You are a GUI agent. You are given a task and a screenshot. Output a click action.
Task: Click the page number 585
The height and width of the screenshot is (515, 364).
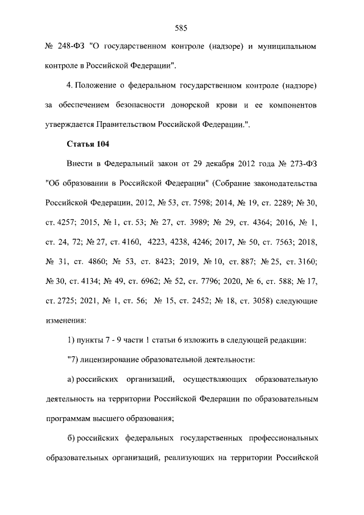(x=181, y=28)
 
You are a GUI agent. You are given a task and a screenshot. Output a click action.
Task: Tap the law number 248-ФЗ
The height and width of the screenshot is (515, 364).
(x=68, y=45)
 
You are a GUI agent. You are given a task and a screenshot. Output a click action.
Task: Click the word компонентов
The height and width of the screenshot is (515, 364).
(x=288, y=106)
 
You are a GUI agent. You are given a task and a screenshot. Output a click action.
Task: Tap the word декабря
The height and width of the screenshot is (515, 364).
(x=193, y=165)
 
